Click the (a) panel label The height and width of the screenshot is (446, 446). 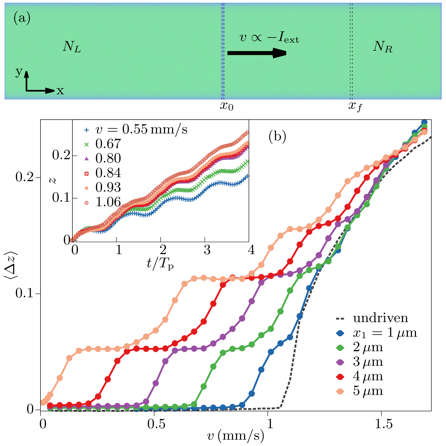coord(22,19)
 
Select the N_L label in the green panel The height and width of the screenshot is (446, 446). coord(72,47)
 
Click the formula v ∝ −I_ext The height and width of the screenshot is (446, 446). coord(269,38)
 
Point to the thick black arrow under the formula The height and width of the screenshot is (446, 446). coord(257,53)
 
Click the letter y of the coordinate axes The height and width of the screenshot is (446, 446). coord(19,72)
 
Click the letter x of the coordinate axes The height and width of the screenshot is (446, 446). coord(60,91)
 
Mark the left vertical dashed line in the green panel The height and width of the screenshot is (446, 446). coord(223,51)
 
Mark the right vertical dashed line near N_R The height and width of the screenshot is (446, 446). coord(351,51)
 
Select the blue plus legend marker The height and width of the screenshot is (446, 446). coord(86,130)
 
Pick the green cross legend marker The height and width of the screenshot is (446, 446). coord(86,145)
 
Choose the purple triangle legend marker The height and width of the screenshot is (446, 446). coord(86,159)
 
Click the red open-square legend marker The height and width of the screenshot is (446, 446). coord(86,174)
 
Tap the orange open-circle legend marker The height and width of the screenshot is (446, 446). coord(86,203)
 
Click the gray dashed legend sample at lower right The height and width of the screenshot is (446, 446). coord(340,319)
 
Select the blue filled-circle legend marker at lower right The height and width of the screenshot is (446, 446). coord(340,333)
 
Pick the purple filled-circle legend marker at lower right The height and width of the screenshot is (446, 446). coord(340,362)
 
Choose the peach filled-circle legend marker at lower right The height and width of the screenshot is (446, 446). coord(340,392)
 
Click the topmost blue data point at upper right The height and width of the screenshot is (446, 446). coord(424,122)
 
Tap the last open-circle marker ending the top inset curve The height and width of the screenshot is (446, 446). coord(247,132)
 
